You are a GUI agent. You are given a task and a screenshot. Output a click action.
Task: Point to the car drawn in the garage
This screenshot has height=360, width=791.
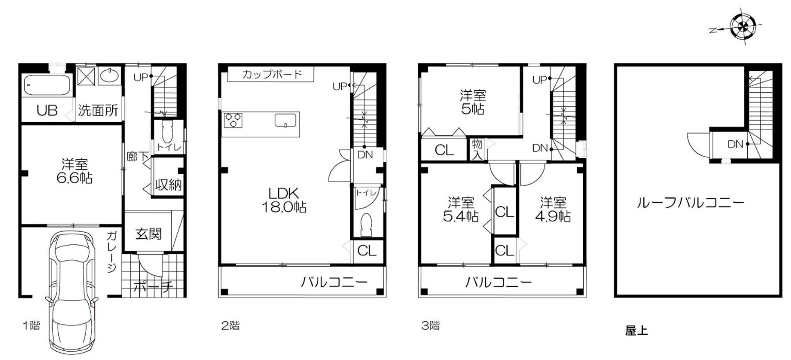pos(71,291)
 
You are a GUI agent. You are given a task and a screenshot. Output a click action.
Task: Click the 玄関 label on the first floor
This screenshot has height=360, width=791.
pos(149,234)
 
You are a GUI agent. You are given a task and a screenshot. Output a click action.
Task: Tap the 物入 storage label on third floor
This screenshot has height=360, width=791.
pos(477,150)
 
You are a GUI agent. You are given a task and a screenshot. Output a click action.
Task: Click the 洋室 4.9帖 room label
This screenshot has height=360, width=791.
pos(555,209)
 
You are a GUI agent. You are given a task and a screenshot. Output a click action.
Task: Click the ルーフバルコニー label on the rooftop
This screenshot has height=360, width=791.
pos(690,203)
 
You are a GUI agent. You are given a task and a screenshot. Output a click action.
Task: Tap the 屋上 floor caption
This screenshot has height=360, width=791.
pos(636,331)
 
